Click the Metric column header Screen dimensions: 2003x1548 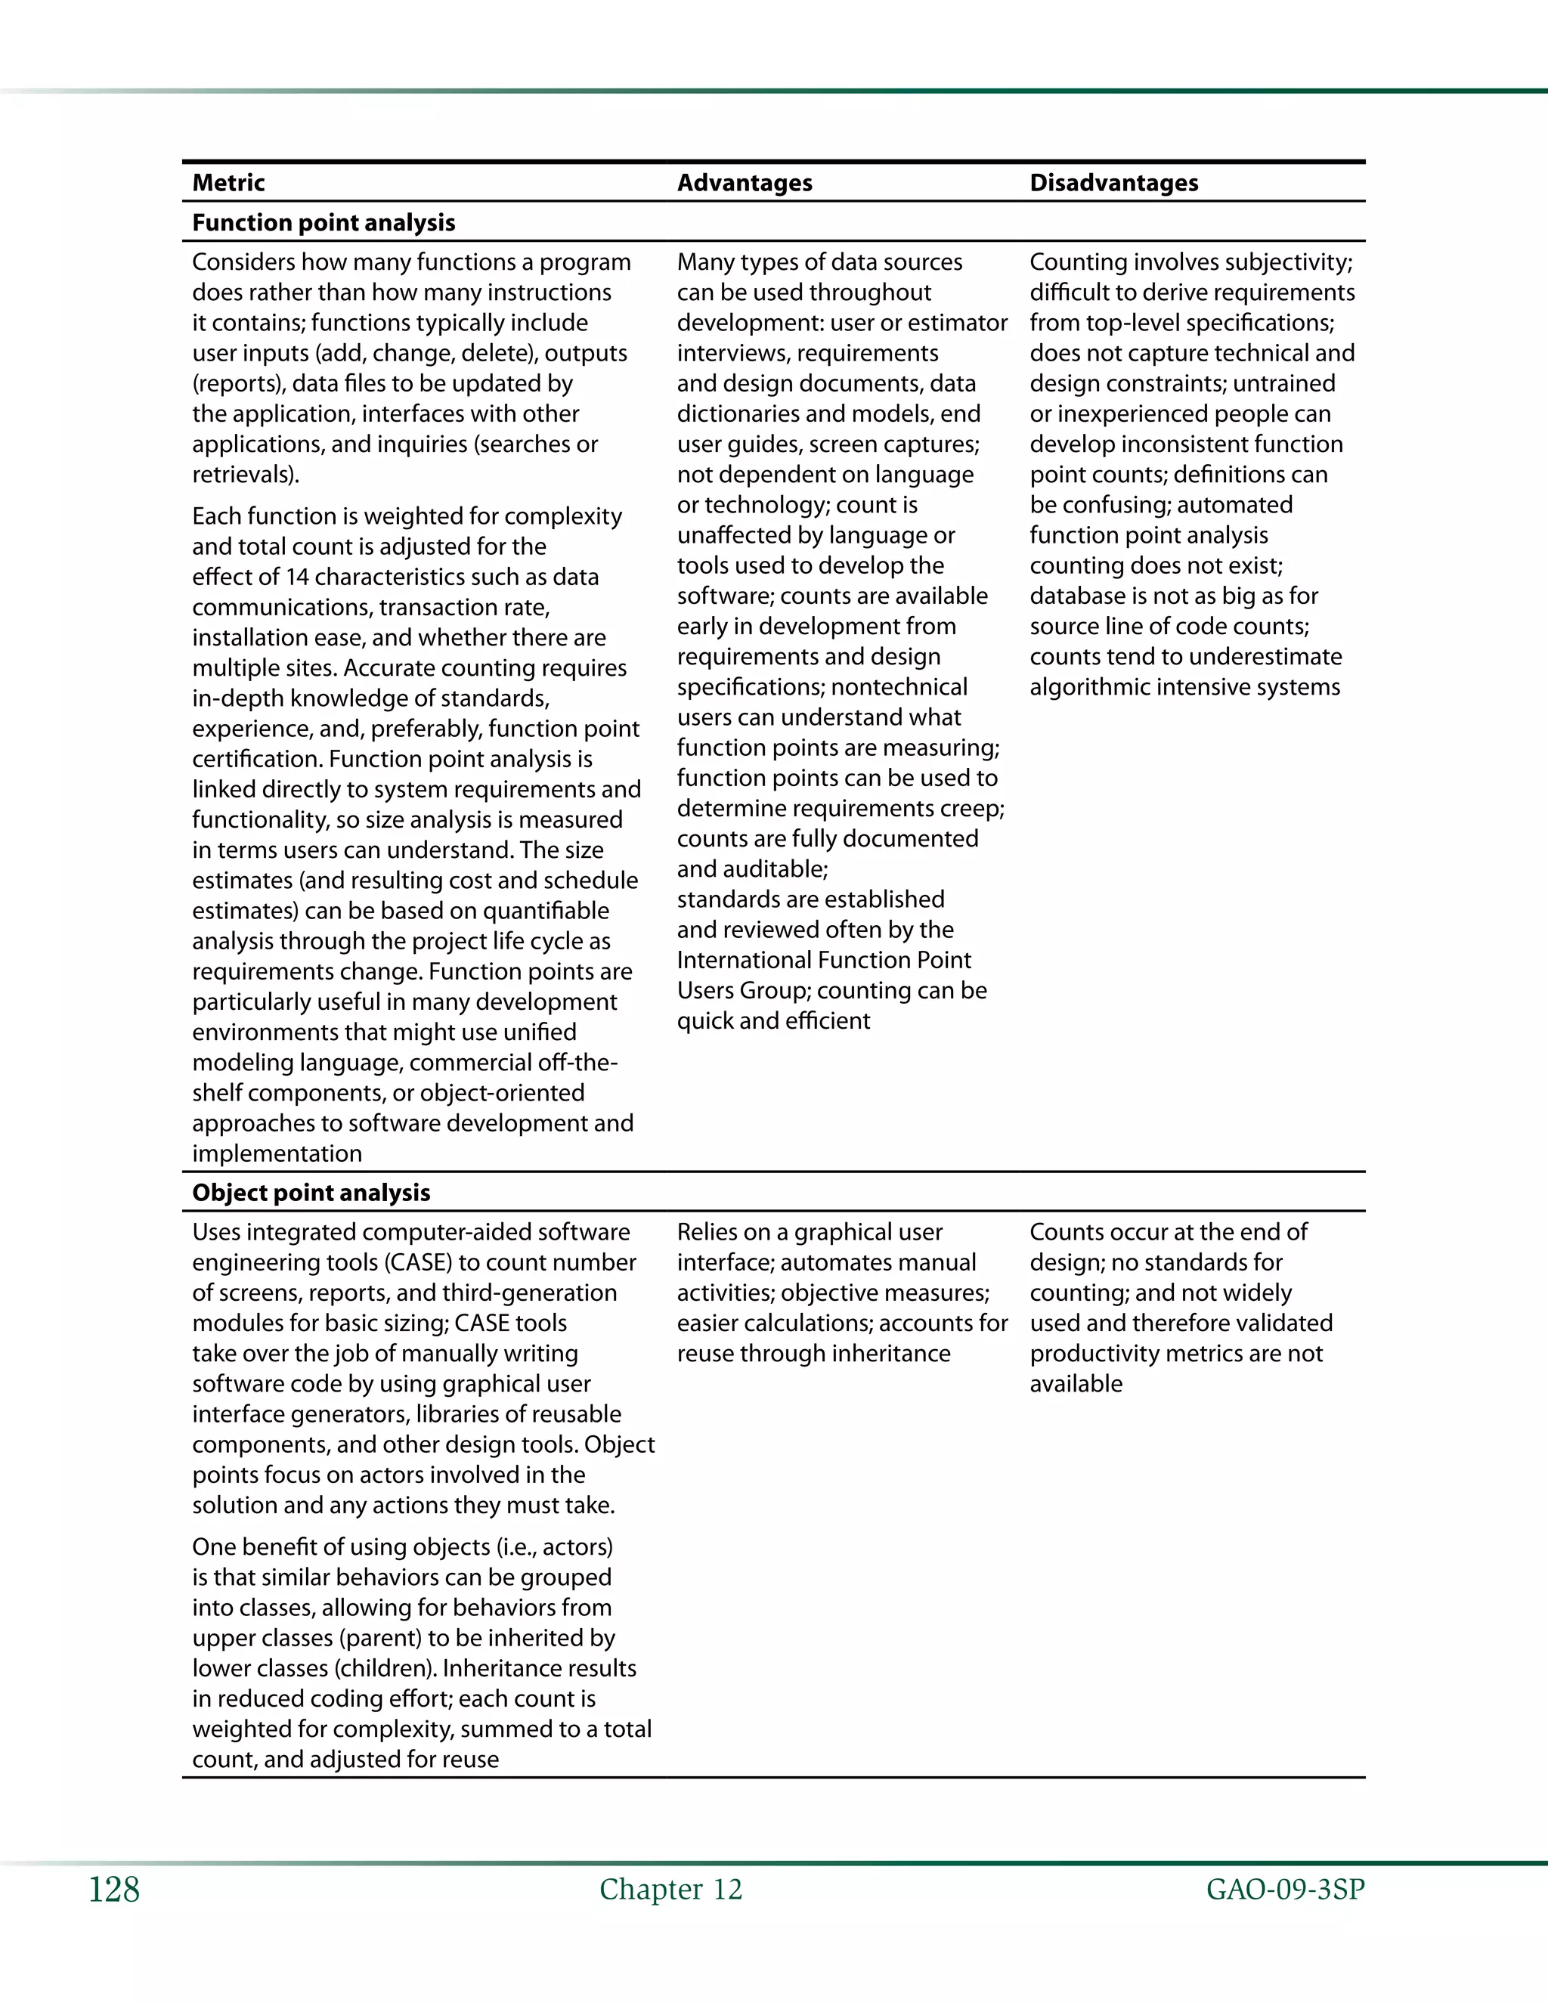(228, 182)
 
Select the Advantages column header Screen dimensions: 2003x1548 (744, 182)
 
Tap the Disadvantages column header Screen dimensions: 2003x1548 (1113, 182)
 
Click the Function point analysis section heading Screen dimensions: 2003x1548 (323, 223)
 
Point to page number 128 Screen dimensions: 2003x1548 (113, 1890)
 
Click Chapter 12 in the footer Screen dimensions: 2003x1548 (670, 1890)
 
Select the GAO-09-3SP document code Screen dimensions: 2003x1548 (1285, 1890)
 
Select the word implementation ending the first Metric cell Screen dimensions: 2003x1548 (277, 1153)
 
